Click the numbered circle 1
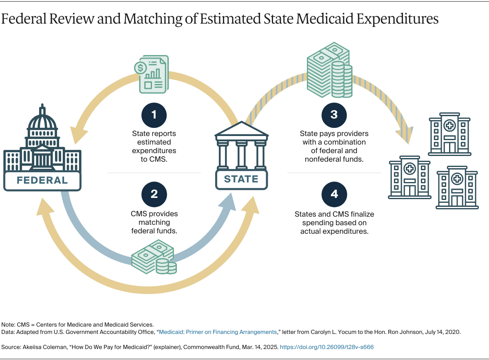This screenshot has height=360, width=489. [154, 115]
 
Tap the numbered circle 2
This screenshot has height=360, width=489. [154, 194]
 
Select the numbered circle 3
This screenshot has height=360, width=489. [334, 115]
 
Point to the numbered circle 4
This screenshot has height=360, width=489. [334, 194]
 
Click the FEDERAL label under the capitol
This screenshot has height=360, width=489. [42, 180]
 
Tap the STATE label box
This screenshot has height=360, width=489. [241, 179]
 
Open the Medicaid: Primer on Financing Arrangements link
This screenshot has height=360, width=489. [218, 332]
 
